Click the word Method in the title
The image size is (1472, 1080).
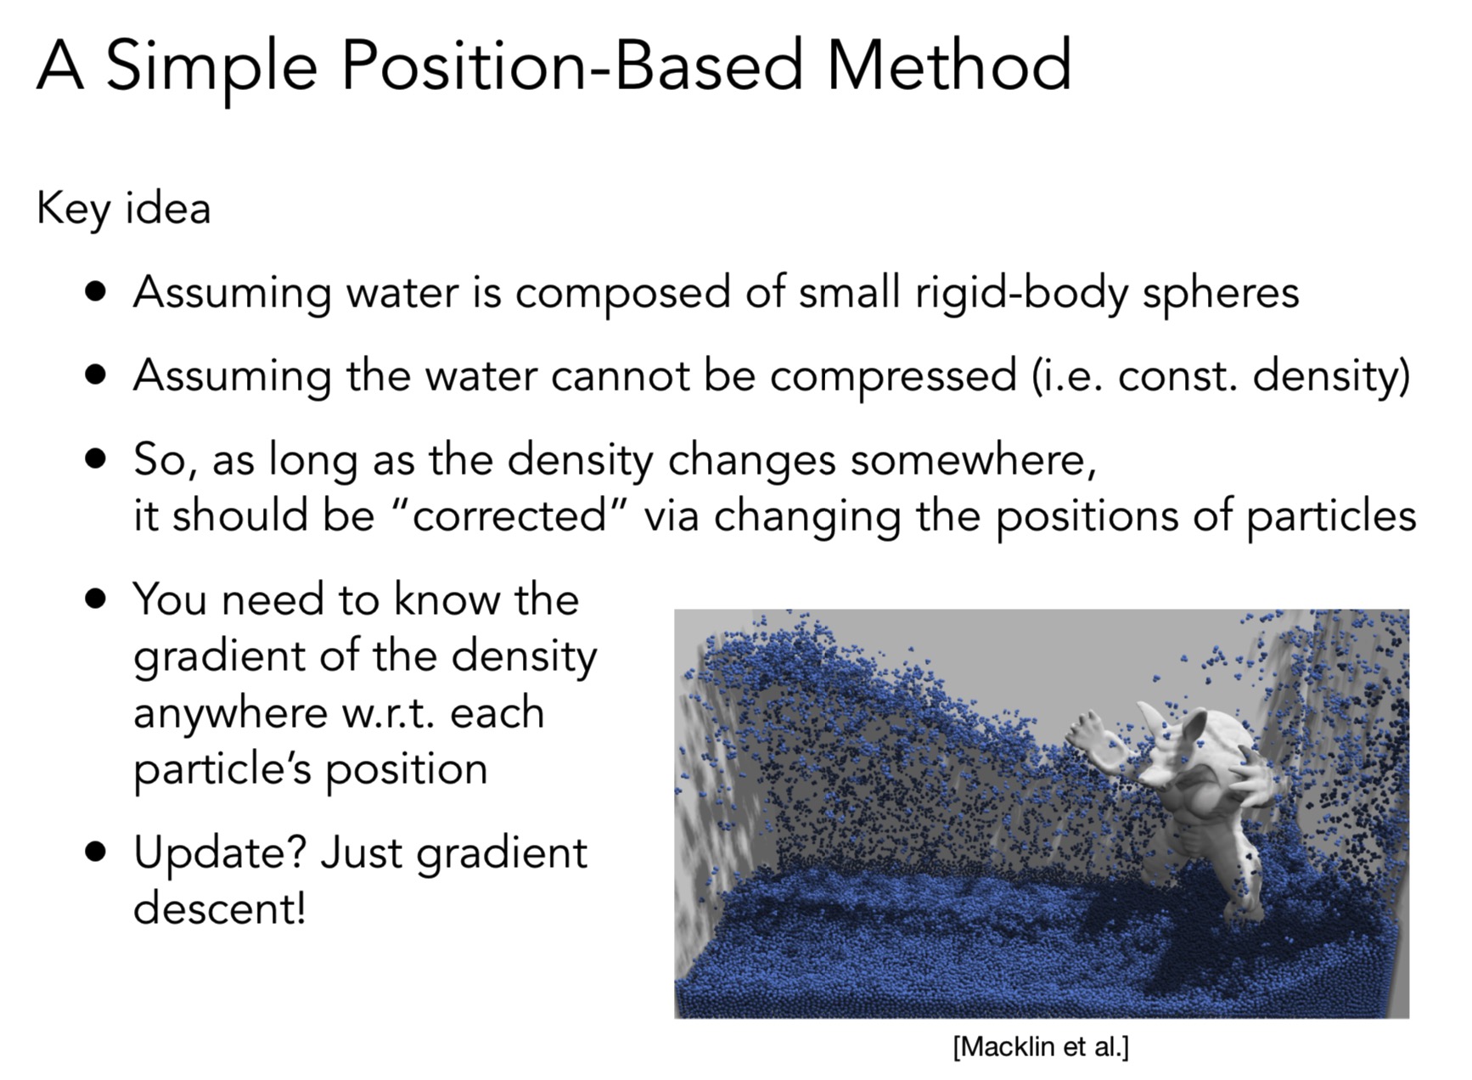point(949,65)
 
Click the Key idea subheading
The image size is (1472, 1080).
point(123,209)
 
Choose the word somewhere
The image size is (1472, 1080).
point(973,460)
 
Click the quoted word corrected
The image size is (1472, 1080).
point(510,515)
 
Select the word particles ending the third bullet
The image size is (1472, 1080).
point(1330,517)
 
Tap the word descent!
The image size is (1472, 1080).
point(219,908)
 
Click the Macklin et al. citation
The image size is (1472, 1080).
point(1041,1047)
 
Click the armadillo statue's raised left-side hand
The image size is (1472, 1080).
point(1087,734)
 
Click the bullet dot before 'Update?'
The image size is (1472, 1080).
point(97,852)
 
